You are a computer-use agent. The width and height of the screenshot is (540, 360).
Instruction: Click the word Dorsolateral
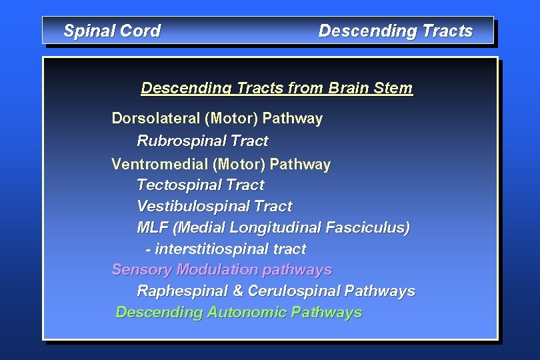click(156, 119)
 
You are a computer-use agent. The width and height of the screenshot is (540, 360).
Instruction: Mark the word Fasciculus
click(368, 228)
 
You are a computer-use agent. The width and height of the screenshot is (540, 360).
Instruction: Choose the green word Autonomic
click(247, 313)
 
